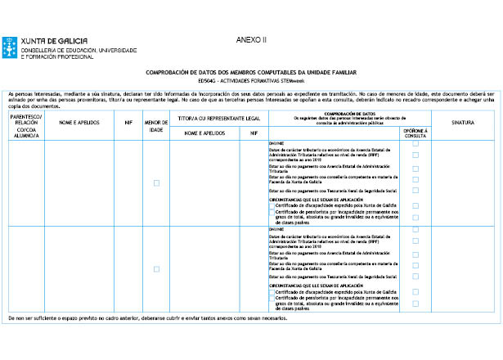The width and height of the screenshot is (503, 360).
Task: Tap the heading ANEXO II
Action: [x=251, y=39]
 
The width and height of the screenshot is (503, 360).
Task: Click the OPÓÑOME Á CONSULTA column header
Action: [x=415, y=132]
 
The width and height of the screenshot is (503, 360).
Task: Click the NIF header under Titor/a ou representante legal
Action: [x=254, y=132]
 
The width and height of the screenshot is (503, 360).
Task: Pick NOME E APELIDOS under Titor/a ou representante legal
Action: [x=204, y=132]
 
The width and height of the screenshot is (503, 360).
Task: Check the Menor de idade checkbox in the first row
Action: [x=156, y=182]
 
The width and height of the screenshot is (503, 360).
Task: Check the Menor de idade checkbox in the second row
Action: [x=156, y=269]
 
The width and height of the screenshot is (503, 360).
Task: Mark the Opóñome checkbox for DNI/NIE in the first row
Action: [x=415, y=143]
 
